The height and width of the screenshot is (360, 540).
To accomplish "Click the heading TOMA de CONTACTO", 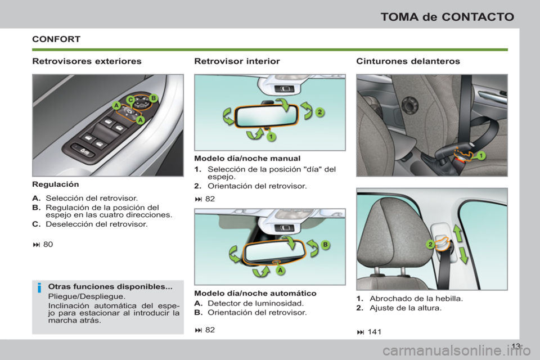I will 447,16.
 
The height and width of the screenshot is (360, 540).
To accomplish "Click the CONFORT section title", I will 57,39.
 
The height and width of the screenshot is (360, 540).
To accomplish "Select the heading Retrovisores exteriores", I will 87,60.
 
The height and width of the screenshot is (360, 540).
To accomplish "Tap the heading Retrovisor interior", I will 237,60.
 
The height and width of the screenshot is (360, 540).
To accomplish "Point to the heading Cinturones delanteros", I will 408,60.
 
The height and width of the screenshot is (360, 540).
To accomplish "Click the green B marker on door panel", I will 154,98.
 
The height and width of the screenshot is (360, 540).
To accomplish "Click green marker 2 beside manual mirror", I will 319,112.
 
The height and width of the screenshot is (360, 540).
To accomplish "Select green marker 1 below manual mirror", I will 271,137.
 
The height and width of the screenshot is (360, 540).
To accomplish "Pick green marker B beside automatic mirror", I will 325,245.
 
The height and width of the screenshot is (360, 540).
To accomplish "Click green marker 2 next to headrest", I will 430,245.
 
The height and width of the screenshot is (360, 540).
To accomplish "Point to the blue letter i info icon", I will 40,289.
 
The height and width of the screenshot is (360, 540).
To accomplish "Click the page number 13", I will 517,345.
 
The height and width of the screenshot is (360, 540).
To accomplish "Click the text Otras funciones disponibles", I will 110,287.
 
